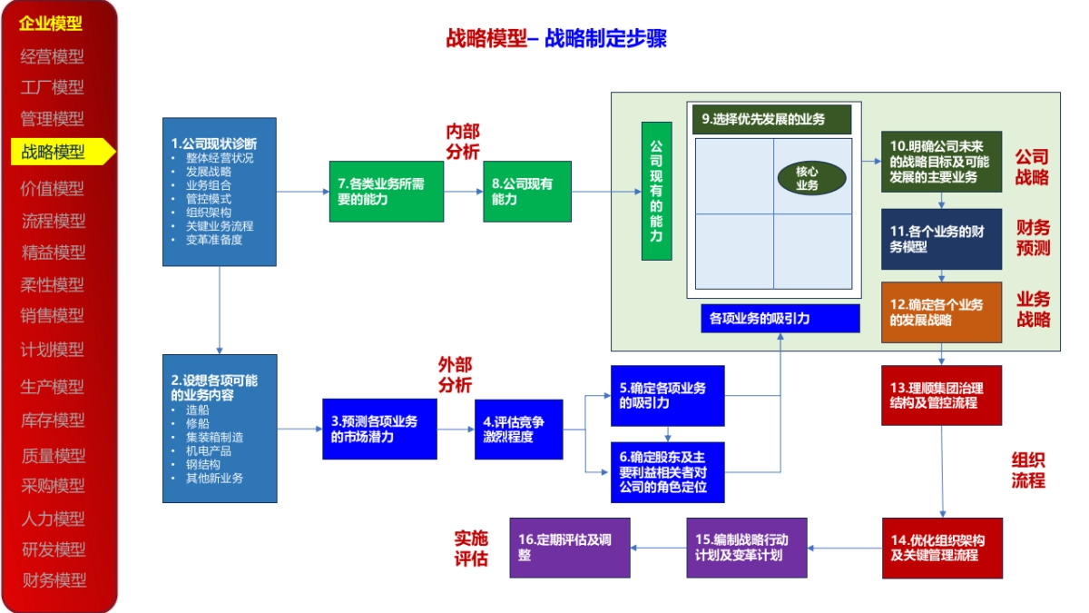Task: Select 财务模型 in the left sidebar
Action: tap(54, 579)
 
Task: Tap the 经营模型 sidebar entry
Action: tap(53, 56)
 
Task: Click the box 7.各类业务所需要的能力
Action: tap(387, 192)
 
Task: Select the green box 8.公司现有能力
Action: tap(527, 192)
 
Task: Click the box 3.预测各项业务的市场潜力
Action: tap(379, 429)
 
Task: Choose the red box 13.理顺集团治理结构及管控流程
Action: tap(941, 395)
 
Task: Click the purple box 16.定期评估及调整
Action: tap(570, 547)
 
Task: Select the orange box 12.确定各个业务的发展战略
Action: tap(941, 312)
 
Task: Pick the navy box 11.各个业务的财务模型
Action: tap(941, 239)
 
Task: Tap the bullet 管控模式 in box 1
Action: tap(208, 198)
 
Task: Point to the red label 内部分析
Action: tap(462, 142)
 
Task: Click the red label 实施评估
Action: tap(471, 548)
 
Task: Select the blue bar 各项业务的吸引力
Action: tap(780, 319)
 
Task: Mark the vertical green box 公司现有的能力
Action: tap(656, 191)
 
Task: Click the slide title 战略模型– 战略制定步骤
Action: tap(556, 38)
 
